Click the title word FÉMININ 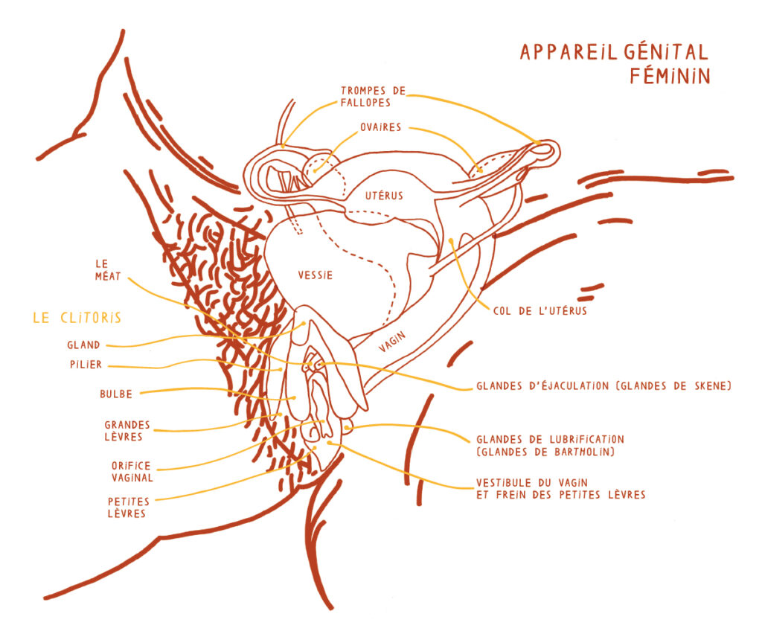669,76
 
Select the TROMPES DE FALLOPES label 373,96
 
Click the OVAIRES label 380,127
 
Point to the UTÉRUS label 384,196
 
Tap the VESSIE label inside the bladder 315,275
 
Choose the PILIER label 84,365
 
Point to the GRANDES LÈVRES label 127,431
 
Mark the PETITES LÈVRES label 129,507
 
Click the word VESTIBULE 506,482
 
